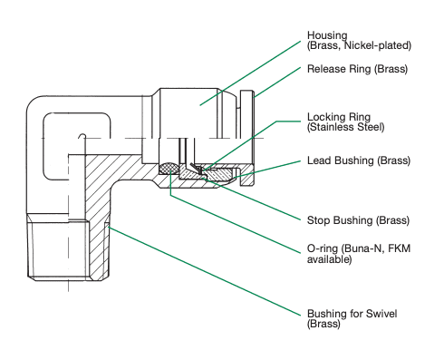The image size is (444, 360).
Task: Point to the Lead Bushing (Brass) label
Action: coord(359,161)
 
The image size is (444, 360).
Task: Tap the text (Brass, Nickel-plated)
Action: coord(361,44)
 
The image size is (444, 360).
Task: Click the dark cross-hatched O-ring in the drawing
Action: coord(169,168)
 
